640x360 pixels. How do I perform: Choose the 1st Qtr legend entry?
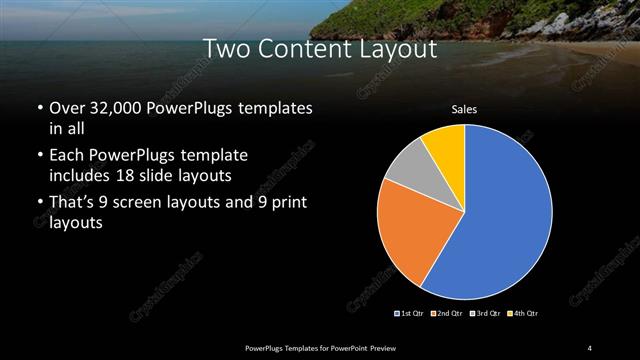pyautogui.click(x=411, y=314)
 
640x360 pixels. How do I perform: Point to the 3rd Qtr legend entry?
pyautogui.click(x=485, y=314)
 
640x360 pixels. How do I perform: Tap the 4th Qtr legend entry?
pyautogui.click(x=523, y=314)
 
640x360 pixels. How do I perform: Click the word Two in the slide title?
pyautogui.click(x=222, y=48)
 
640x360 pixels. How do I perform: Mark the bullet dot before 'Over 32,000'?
pyautogui.click(x=39, y=108)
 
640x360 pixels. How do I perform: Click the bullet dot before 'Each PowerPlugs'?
pyautogui.click(x=39, y=157)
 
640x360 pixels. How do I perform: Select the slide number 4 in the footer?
pyautogui.click(x=590, y=347)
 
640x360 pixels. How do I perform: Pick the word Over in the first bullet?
pyautogui.click(x=66, y=108)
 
